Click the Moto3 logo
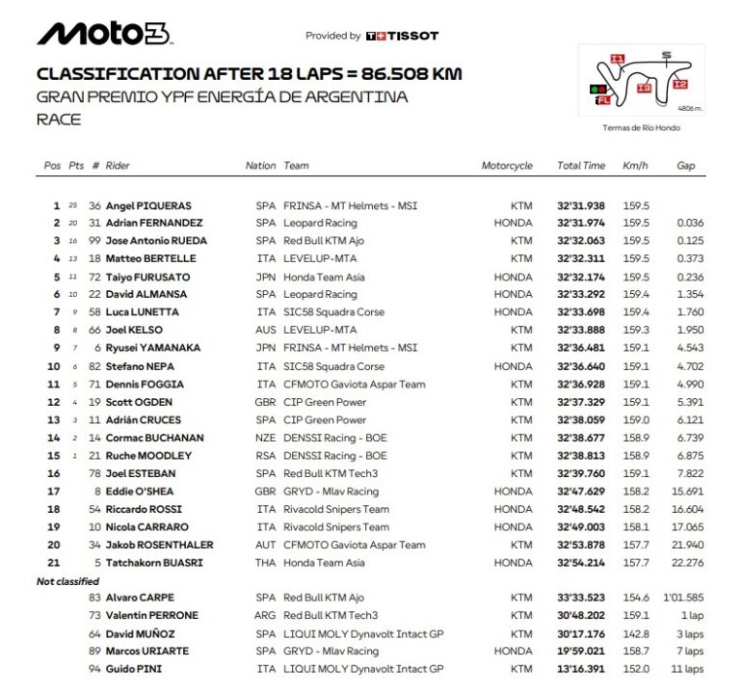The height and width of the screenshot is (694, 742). [104, 35]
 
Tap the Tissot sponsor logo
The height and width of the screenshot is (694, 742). [402, 36]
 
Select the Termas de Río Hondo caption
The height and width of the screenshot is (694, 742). [641, 127]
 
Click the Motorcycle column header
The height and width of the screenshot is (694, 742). [507, 166]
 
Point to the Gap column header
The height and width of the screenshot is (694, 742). [685, 166]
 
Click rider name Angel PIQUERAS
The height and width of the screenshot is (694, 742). [148, 205]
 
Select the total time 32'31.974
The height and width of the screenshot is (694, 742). [581, 224]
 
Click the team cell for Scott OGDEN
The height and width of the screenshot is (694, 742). [325, 402]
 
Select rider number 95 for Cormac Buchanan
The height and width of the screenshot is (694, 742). [95, 438]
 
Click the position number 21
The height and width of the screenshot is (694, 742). [54, 563]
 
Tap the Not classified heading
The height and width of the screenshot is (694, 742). [67, 582]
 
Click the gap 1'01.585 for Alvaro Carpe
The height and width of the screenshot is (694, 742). [683, 598]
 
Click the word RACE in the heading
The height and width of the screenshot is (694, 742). [59, 120]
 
